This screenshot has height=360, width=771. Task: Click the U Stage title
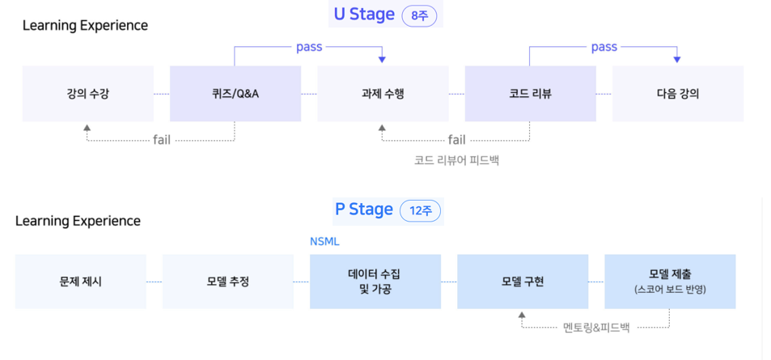point(364,14)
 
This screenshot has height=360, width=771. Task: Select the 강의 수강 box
point(88,94)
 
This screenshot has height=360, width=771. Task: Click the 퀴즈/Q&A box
point(235,94)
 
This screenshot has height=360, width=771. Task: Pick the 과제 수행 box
point(383,94)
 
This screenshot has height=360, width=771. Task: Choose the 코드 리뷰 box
point(530,94)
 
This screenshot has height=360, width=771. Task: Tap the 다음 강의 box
point(678,94)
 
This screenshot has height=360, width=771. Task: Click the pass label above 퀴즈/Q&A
point(309,47)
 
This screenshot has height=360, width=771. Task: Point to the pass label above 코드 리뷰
point(604,47)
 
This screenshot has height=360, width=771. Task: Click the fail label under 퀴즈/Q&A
point(162,139)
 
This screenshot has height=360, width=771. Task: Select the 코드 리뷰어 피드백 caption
point(456,160)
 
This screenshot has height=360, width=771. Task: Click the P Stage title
point(364,210)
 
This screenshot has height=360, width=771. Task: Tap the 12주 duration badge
point(421,211)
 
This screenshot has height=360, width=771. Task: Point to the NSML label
point(325,240)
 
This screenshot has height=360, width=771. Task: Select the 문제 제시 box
point(81,282)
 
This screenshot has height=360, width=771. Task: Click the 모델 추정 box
point(228,282)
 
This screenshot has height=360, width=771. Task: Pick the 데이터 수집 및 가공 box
point(375,282)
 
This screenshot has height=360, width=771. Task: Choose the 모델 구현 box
point(523,282)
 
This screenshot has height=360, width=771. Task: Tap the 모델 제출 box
point(670,282)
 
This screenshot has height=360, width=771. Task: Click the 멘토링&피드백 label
point(595,327)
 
